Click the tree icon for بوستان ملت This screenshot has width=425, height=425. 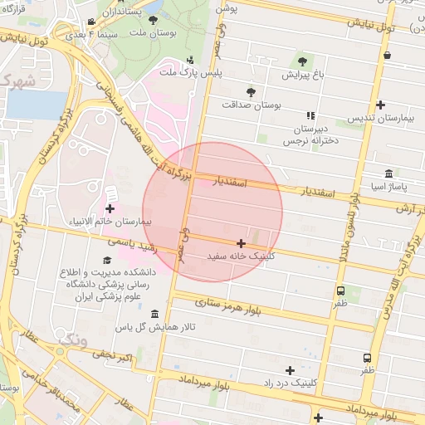coord(152,19)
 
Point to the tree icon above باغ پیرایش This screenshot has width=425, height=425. coord(300,61)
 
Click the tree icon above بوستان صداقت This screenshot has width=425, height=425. coord(251,91)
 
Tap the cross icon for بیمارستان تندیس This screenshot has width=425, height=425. coord(380,105)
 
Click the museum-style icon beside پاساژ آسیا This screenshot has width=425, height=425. coord(388,173)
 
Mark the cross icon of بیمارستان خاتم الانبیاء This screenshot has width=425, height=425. coord(110,208)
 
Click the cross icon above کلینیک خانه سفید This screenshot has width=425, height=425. coord(241,244)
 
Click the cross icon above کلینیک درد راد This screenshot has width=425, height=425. coord(290,369)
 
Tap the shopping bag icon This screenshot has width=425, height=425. coord(387,56)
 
